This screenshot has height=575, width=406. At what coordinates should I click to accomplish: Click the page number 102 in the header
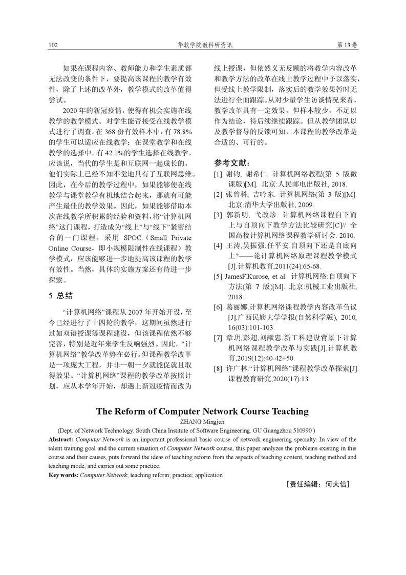pos(53,45)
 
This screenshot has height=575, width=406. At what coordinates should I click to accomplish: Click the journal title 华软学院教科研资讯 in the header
pos(204,45)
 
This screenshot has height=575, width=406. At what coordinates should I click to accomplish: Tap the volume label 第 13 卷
pos(348,45)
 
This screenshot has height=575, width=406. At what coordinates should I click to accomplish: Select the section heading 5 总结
pos(60,296)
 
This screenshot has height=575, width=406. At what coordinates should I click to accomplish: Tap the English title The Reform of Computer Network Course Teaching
pos(202,412)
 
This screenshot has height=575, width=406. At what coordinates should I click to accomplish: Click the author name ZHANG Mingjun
pos(202,422)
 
